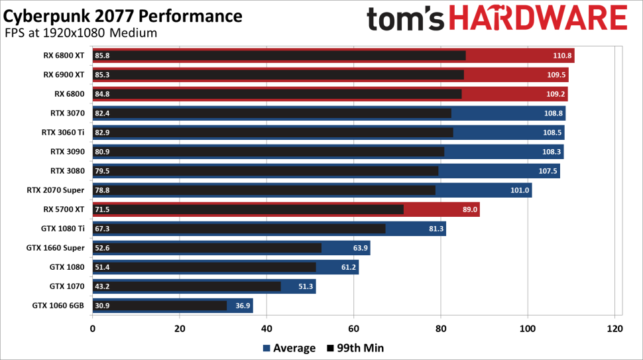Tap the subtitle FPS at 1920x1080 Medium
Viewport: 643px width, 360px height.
coord(80,32)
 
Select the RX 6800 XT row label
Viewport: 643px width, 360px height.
coord(64,56)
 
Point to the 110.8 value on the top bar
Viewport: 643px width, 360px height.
coord(561,56)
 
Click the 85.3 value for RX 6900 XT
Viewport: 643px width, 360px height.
coord(103,75)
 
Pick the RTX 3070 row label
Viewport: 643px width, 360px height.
coord(67,113)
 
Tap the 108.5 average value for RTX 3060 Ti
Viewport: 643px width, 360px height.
coord(552,133)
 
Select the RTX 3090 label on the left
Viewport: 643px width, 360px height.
coord(67,152)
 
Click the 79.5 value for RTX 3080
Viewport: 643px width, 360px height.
coord(103,171)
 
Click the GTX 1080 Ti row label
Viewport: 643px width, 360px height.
coord(62,229)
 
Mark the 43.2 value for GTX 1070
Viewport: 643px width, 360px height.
coord(103,286)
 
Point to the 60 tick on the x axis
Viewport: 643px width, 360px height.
coord(353,329)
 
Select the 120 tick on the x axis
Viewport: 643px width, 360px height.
coord(614,329)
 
